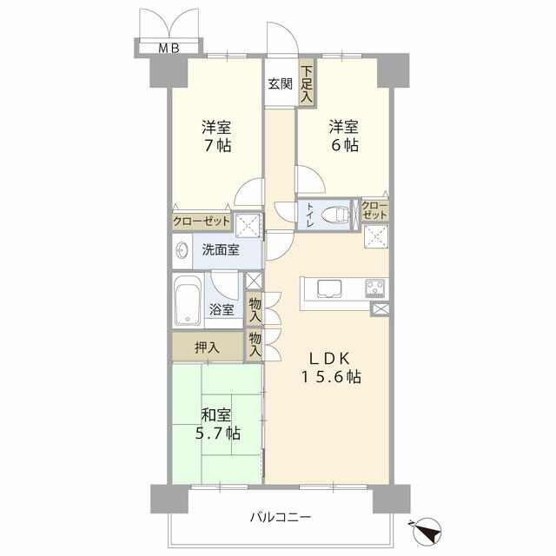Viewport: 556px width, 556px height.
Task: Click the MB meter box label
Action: tap(169, 49)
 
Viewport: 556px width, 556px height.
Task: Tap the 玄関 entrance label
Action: tap(280, 84)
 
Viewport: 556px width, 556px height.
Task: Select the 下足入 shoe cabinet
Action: tap(307, 83)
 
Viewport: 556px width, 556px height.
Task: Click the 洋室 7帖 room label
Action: tap(216, 136)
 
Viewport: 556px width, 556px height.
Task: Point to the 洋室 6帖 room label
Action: tap(344, 136)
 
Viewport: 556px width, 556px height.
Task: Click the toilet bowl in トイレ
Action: tap(334, 215)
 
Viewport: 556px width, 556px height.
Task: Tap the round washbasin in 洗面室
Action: tap(182, 250)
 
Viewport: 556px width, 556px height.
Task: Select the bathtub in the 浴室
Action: tap(188, 300)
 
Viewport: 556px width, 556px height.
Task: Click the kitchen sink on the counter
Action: tap(329, 288)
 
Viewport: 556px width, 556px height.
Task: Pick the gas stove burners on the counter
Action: tap(375, 288)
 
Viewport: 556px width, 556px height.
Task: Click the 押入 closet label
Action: tap(207, 347)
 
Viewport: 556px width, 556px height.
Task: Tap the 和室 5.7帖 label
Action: tap(218, 425)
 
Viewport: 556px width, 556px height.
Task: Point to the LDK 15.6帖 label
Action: tap(331, 367)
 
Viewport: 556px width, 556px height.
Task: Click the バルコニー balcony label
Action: tap(281, 517)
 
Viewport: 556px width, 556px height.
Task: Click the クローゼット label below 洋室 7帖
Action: tap(202, 222)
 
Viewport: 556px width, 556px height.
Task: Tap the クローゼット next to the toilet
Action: tap(374, 210)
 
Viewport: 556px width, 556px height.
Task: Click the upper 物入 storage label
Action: tap(255, 309)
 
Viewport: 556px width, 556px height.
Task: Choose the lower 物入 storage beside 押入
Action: tap(255, 345)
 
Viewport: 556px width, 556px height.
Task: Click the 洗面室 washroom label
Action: tap(221, 250)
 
